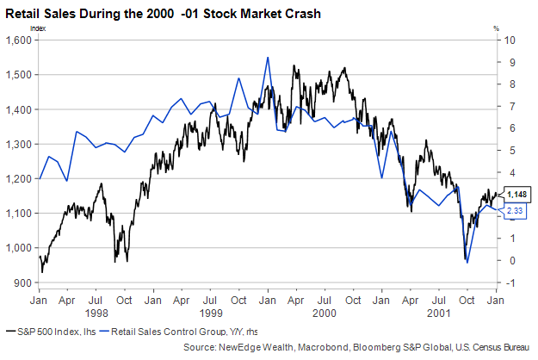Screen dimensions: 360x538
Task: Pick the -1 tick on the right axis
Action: pyautogui.click(x=510, y=282)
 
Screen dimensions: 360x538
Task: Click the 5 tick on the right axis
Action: pyautogui.click(x=510, y=150)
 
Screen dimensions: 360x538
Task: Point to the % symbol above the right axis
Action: pyautogui.click(x=496, y=28)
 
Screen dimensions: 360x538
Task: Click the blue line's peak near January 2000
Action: pyautogui.click(x=269, y=57)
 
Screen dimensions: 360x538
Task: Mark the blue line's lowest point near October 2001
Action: pyautogui.click(x=467, y=262)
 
